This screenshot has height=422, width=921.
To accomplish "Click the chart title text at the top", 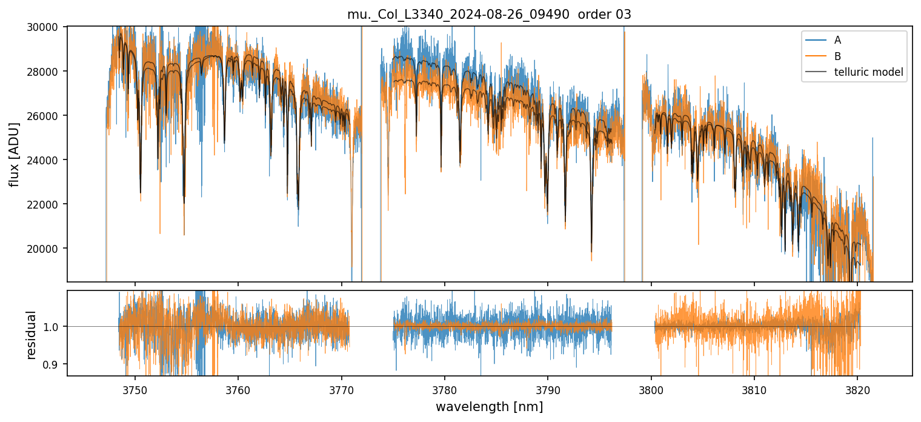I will tap(489, 15).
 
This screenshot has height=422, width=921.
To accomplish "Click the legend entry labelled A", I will tap(837, 41).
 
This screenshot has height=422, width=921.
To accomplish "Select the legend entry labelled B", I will tap(837, 56).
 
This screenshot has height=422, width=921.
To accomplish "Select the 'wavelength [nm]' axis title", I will tap(489, 406).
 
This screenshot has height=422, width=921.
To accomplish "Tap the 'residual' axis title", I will tap(31, 334).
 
